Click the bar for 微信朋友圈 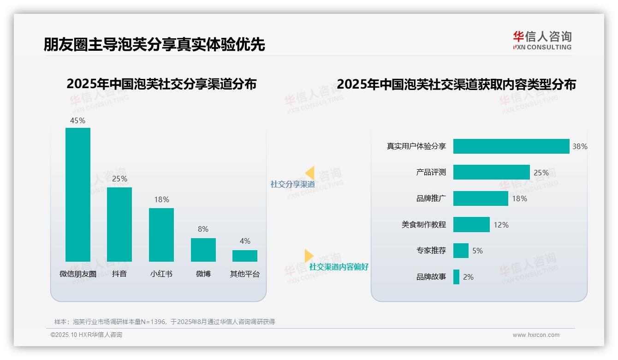tap(78, 194)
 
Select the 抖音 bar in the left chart tap(119, 224)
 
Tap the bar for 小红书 tap(161, 234)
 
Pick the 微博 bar tap(203, 250)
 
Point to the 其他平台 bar tap(245, 256)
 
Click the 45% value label tap(77, 120)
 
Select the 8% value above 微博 tap(203, 229)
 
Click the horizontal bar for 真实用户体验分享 tap(511, 146)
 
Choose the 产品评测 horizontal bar tap(491, 172)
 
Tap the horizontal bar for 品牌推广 tap(481, 198)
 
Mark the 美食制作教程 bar tap(471, 225)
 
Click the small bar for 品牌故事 tap(456, 277)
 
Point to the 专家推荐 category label tap(431, 251)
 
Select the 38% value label tap(580, 146)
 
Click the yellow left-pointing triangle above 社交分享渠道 tap(309, 173)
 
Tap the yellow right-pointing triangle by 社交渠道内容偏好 tap(309, 256)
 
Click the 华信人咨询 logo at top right tap(542, 40)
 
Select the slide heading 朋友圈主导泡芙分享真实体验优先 tap(154, 44)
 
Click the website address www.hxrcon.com tap(536, 335)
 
